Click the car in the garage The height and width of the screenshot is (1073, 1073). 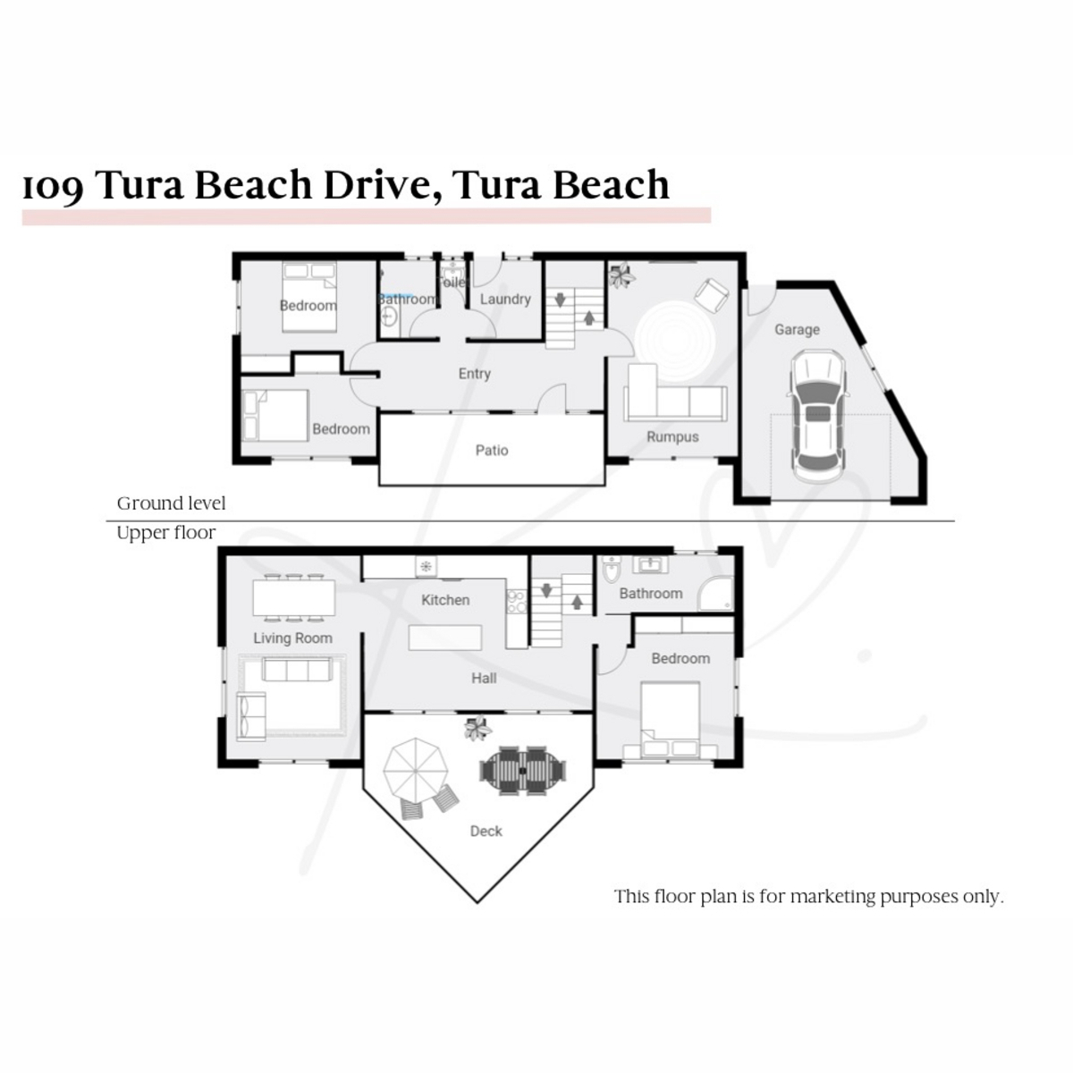[x=816, y=413]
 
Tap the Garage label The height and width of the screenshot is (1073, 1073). [x=797, y=329]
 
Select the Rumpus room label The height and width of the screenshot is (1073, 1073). [x=672, y=436]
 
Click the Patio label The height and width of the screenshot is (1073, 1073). [x=492, y=451]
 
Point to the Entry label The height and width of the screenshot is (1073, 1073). [x=474, y=374]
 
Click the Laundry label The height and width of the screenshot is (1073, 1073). [x=505, y=299]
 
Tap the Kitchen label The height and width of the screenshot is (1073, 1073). [x=445, y=600]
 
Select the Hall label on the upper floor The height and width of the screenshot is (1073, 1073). [x=484, y=678]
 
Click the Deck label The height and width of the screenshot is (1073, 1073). [x=486, y=831]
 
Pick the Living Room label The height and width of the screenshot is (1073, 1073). [x=292, y=638]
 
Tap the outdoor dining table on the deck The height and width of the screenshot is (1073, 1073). [x=525, y=769]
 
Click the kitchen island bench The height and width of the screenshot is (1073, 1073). [x=445, y=638]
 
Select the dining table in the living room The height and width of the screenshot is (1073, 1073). [x=293, y=597]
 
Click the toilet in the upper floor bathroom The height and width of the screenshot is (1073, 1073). [x=612, y=570]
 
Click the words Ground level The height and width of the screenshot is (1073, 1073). [x=171, y=503]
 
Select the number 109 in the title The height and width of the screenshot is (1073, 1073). [x=54, y=187]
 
